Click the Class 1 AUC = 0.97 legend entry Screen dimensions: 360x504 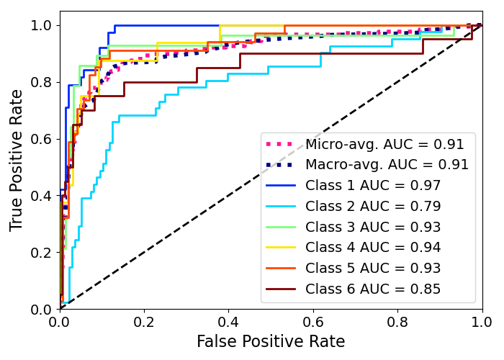[373, 185]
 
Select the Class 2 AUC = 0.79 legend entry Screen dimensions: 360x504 [373, 206]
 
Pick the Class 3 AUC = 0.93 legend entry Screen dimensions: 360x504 [373, 227]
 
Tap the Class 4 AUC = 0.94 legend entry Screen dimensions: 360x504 [373, 248]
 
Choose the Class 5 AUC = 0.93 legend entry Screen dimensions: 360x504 [373, 269]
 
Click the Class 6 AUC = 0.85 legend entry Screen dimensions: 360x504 [373, 289]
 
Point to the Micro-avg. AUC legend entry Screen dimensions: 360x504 [384, 144]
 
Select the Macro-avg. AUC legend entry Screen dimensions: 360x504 [387, 164]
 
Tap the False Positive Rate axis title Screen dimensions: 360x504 [271, 341]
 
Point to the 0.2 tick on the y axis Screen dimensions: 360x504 [40, 253]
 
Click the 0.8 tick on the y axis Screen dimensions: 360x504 [40, 82]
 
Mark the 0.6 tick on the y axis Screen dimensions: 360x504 [40, 139]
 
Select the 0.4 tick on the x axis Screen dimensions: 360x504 [229, 320]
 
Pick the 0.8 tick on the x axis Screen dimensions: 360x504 [397, 320]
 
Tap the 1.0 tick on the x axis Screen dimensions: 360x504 [482, 320]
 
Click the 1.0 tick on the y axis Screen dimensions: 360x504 [40, 25]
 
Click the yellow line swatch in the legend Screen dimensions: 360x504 [282, 248]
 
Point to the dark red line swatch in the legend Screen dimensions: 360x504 [282, 289]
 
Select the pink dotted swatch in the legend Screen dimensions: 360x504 [282, 144]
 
